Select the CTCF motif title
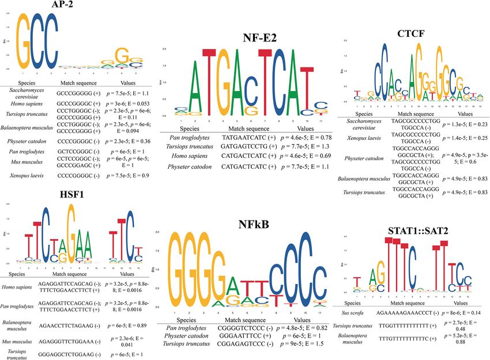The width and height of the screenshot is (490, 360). click(411, 34)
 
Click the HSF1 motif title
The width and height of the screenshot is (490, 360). click(63, 194)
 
